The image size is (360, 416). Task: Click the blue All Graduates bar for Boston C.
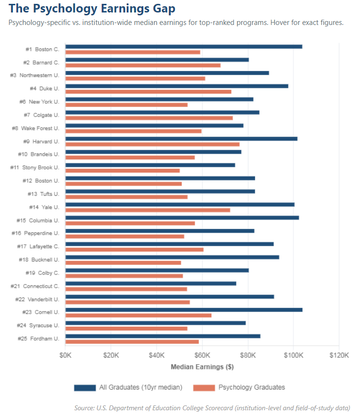tap(184, 47)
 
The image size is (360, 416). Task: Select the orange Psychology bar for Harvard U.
tap(152, 144)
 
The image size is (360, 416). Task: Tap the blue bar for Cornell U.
tap(184, 310)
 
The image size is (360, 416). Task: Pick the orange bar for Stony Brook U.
tap(122, 171)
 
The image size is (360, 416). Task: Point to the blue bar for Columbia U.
tap(182, 218)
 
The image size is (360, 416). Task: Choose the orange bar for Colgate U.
tap(149, 118)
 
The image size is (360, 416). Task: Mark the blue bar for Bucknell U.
tap(172, 257)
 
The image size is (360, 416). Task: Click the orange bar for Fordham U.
tap(132, 342)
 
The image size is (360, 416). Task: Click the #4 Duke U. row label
tap(45, 89)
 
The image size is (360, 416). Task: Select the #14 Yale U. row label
tap(44, 207)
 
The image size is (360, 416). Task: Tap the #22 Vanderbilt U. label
tap(37, 299)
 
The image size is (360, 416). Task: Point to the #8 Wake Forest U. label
tap(35, 129)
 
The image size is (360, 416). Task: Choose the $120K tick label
tap(339, 355)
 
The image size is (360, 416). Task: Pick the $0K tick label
tap(66, 355)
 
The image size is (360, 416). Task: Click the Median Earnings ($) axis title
tap(202, 367)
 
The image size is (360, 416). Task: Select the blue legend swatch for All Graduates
tap(85, 388)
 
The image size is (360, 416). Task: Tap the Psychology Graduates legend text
tap(252, 387)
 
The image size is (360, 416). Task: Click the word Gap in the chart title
tap(164, 9)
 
